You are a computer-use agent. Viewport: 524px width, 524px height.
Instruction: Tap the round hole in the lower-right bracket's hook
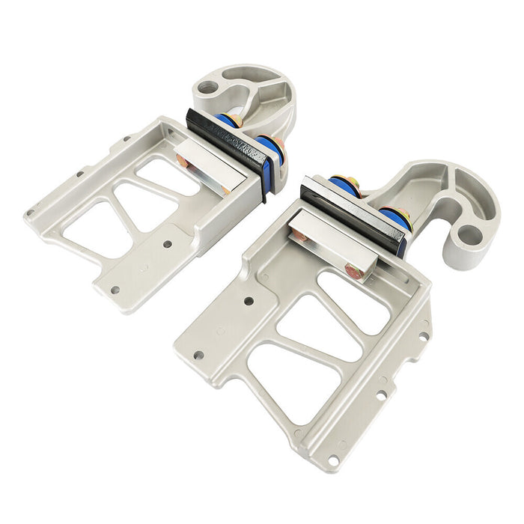click(x=469, y=234)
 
